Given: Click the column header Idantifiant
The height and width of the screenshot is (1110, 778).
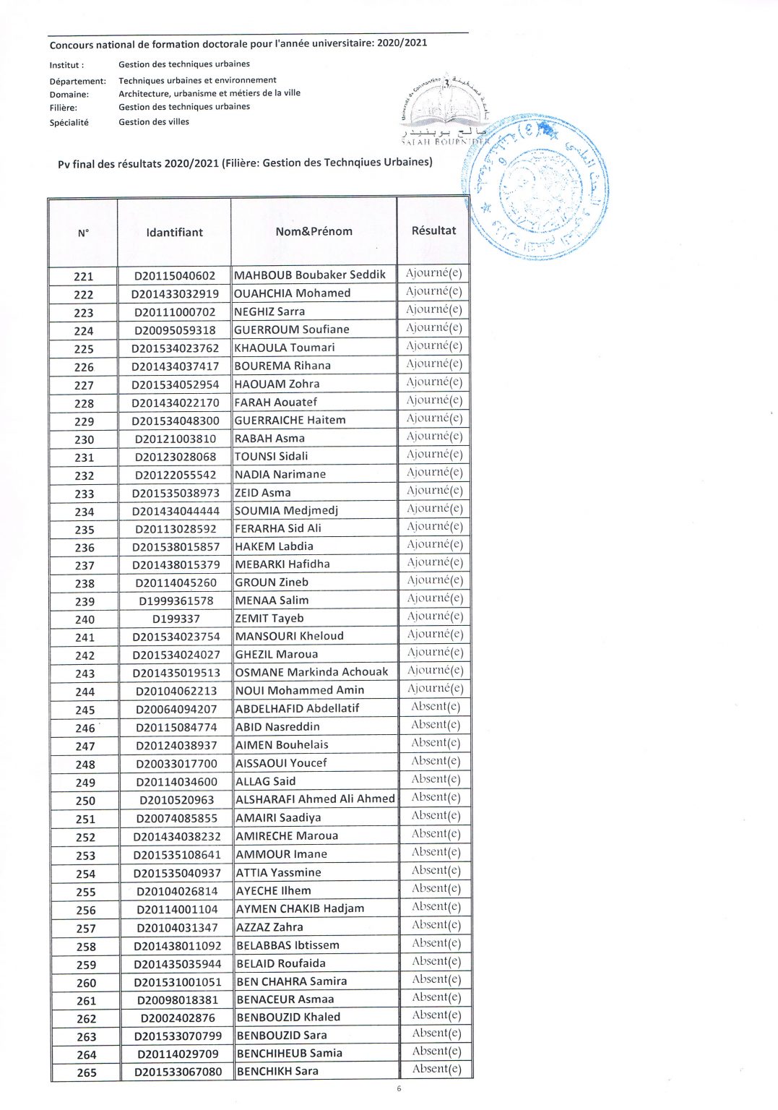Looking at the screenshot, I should (x=174, y=233).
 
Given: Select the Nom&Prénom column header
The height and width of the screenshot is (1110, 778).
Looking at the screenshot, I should (x=314, y=232).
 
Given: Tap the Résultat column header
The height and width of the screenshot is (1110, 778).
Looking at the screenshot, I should (x=433, y=231).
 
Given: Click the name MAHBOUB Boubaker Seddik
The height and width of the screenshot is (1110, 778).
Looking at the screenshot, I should (x=310, y=275).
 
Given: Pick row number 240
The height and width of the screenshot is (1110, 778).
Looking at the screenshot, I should (x=85, y=619).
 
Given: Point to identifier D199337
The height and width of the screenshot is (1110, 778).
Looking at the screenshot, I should (x=176, y=619).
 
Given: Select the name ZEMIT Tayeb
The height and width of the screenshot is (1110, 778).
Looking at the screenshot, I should (x=269, y=619).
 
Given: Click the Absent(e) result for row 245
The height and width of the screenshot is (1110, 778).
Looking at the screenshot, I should (x=435, y=707).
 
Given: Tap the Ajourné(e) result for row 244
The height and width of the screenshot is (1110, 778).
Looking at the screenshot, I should (x=434, y=689).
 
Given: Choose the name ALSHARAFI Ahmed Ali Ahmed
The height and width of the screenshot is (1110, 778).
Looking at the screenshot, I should (x=315, y=799).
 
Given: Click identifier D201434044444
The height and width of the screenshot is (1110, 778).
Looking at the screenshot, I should (x=176, y=512).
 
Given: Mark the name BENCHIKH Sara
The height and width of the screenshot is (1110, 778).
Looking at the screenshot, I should (x=277, y=1071).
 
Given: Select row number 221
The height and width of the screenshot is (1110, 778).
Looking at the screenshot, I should (x=84, y=277).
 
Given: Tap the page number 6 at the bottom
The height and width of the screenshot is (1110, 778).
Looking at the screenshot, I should (x=399, y=1089).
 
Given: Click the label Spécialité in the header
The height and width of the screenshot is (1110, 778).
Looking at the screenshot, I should (x=69, y=123).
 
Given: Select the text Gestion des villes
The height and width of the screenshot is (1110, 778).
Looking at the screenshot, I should (x=154, y=122).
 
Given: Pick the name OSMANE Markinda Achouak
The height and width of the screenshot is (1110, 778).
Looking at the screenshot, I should (x=311, y=672).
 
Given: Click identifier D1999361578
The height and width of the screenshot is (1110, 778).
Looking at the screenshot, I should (x=176, y=601).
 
